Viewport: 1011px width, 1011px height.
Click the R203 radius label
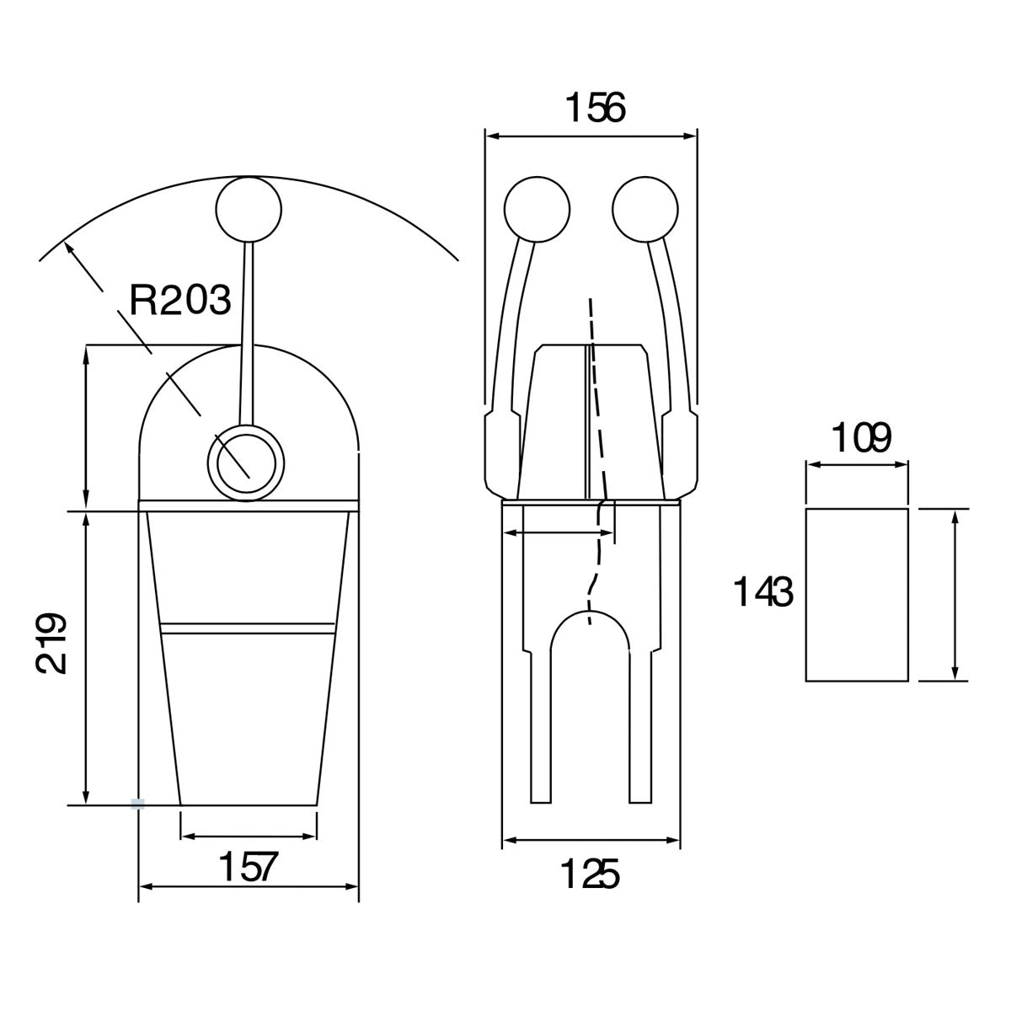pos(180,301)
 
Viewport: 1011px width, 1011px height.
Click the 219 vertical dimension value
pos(51,643)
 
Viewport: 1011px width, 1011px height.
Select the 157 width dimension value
pos(248,868)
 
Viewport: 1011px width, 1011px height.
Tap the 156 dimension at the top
pos(595,108)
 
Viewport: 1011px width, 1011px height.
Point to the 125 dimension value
pos(591,874)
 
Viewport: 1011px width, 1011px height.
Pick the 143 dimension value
pos(762,591)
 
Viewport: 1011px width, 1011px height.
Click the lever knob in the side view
pos(249,209)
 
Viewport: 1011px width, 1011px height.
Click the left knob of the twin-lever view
pos(537,209)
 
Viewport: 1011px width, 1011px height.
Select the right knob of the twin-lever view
pos(645,209)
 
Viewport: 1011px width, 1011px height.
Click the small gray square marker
pos(137,805)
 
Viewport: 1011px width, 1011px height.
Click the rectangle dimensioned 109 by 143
pos(857,595)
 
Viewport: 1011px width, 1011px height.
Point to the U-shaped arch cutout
pos(589,631)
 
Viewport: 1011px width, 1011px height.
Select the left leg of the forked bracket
pos(540,727)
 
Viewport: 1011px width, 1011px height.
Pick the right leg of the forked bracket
pos(640,727)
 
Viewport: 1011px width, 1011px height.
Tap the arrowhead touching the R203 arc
pos(67,248)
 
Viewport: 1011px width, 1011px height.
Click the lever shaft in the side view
pos(247,334)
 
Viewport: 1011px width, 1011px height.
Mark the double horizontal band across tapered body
pos(248,629)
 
